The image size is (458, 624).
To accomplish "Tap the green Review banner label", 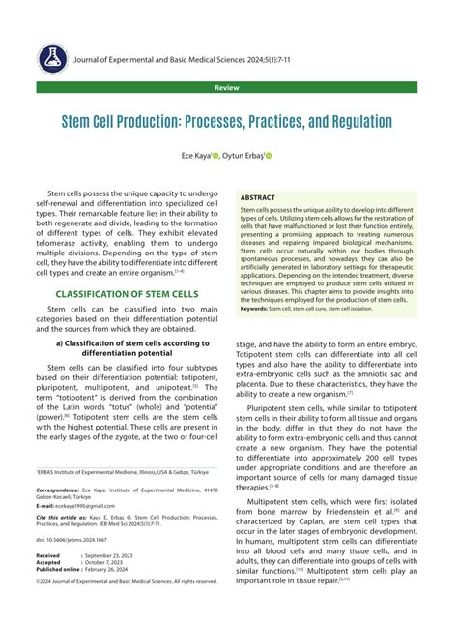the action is click(228, 87).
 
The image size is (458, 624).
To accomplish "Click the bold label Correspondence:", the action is click(57, 490).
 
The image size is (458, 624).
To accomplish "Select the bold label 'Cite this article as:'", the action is click(61, 518).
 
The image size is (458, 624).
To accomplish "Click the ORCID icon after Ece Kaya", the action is click(215, 155).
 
